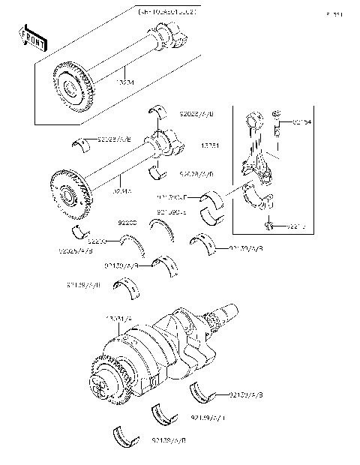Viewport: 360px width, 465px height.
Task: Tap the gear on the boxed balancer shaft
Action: [x=70, y=84]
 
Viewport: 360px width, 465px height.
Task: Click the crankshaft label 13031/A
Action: [x=119, y=319]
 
